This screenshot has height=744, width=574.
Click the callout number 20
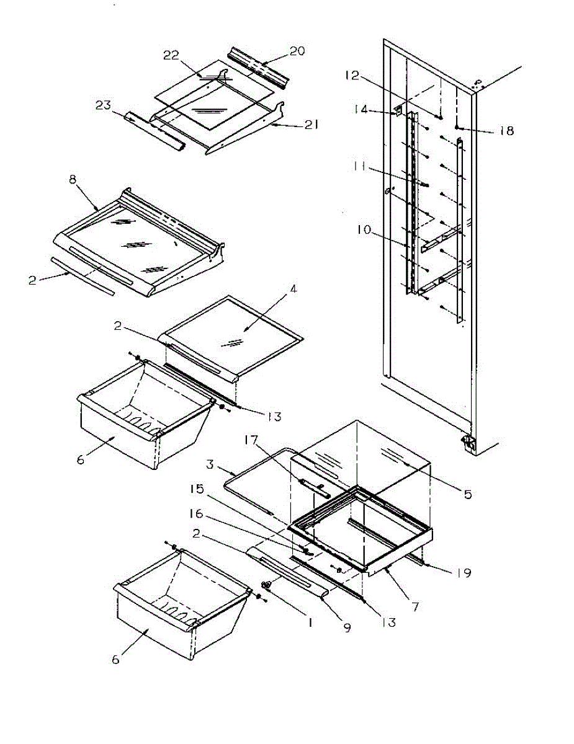[x=297, y=51]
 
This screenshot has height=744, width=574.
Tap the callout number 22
[x=171, y=56]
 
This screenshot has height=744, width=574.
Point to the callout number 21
[x=312, y=125]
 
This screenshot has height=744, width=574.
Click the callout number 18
[x=507, y=131]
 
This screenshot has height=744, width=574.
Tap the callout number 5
[x=467, y=494]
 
